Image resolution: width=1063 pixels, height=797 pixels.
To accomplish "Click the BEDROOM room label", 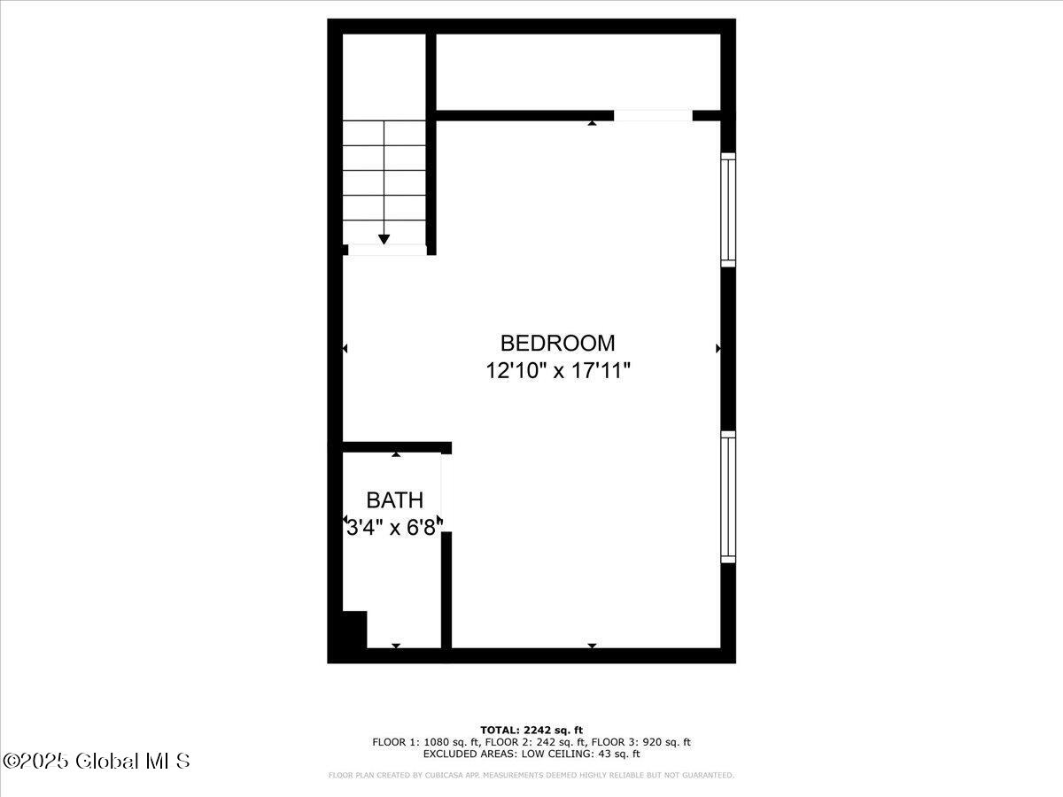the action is [557, 343].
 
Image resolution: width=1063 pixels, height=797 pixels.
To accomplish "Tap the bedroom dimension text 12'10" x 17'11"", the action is [558, 371].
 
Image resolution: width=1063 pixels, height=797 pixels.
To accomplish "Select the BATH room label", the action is [395, 499].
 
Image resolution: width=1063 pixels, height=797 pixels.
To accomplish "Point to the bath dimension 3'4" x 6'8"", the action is [394, 528].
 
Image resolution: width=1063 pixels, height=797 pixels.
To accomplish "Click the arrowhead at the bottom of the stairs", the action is [384, 239].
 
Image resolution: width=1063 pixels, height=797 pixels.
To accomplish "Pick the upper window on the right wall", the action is [728, 210].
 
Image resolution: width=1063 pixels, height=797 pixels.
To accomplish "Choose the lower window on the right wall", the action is [728, 497].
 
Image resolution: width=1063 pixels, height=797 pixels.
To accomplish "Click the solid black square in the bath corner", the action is [354, 630].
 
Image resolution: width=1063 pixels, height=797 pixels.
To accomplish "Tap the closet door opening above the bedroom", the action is [653, 116].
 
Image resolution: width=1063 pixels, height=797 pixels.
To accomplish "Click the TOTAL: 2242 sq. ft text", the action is [531, 731].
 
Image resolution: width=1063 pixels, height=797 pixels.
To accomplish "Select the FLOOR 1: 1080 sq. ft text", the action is [426, 742].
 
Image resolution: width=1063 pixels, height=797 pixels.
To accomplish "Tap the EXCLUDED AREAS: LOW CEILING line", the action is [531, 754].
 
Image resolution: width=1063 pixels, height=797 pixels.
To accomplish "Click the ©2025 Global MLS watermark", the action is [96, 762].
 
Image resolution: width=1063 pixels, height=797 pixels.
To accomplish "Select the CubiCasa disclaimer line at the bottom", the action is [531, 775].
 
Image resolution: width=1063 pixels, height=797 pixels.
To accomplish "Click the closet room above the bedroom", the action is [578, 72].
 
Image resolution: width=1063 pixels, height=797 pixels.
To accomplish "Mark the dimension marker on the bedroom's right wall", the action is [718, 348].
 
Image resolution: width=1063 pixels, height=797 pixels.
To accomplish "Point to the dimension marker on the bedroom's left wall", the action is [345, 348].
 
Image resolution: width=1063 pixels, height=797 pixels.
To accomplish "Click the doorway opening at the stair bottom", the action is [387, 251].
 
